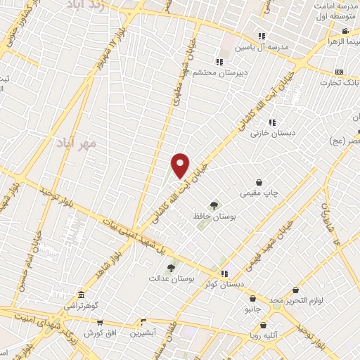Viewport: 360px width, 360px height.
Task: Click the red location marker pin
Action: tap(181, 165)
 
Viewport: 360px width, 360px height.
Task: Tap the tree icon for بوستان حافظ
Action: tap(214, 205)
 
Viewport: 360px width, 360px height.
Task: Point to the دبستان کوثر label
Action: tap(224, 284)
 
